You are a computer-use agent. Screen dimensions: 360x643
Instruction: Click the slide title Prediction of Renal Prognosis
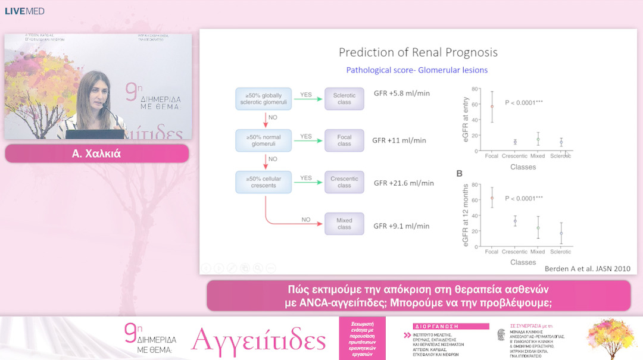418,52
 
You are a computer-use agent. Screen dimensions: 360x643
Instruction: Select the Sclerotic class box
344,99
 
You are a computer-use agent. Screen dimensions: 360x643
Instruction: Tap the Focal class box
344,140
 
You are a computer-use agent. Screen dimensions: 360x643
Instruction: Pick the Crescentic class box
344,181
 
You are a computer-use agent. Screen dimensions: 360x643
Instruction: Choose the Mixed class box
344,224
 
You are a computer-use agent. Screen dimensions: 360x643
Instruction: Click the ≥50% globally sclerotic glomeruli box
264,99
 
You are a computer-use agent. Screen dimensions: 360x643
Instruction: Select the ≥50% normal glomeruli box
264,140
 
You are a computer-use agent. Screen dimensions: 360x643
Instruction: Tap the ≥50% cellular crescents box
264,181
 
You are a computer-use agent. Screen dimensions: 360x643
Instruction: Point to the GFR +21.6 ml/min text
404,183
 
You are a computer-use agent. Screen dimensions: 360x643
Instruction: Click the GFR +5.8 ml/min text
401,93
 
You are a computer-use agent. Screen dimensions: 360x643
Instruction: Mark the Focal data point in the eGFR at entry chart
492,107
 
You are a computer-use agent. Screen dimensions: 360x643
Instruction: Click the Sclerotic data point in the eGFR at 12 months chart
560,233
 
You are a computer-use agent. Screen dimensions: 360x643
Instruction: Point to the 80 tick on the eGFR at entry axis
475,89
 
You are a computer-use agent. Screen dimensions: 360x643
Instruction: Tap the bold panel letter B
459,174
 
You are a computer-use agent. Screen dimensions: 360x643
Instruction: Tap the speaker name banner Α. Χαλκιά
97,154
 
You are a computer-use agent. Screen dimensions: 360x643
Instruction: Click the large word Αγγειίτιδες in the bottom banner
258,340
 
